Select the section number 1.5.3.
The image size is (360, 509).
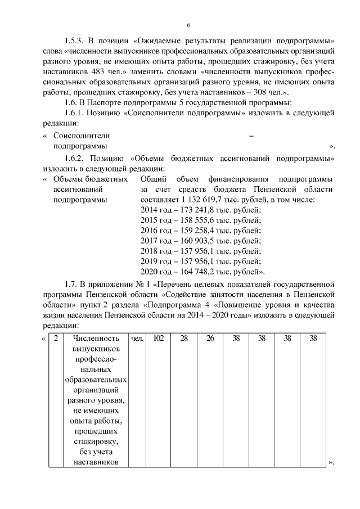tap(74, 42)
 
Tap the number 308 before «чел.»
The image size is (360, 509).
tap(261, 93)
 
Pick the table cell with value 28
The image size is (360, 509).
tap(184, 339)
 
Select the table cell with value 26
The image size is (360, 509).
tap(210, 339)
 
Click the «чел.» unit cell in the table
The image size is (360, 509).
tap(137, 339)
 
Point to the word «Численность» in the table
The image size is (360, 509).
tap(96, 339)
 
